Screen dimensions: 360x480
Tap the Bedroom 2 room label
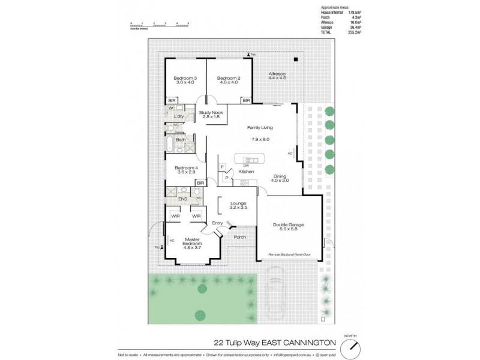[x=229, y=78]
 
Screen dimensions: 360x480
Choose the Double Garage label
[x=288, y=225]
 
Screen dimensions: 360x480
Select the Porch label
[x=240, y=237]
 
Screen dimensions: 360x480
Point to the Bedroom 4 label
[x=186, y=168]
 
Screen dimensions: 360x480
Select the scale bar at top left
[x=160, y=25]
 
